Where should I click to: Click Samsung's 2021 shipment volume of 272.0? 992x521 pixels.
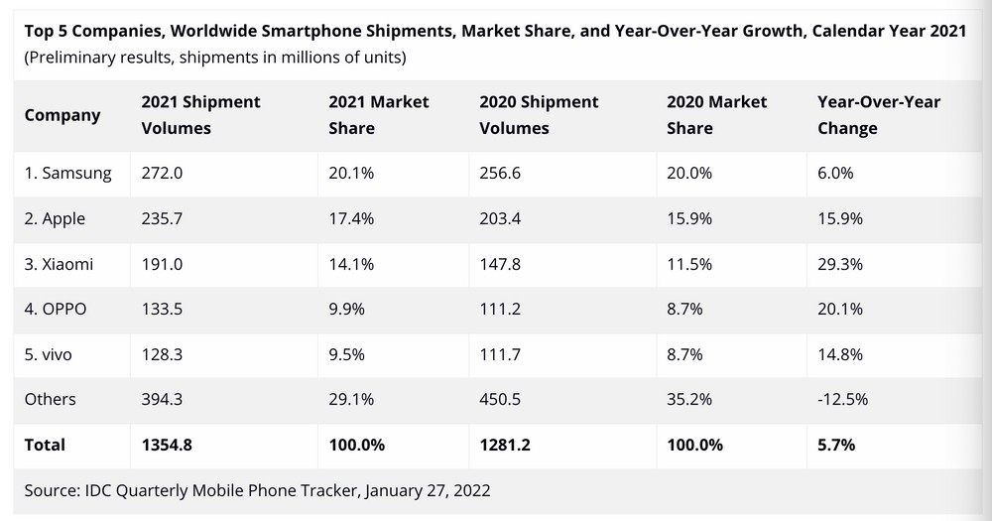pyautogui.click(x=162, y=174)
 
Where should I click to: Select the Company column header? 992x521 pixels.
pyautogui.click(x=62, y=115)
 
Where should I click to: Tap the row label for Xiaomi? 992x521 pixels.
pyautogui.click(x=62, y=264)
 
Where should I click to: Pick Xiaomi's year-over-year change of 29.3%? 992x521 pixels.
pyautogui.click(x=839, y=264)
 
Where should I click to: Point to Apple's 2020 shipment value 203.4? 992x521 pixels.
pyautogui.click(x=501, y=219)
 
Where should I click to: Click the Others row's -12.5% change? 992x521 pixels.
pyautogui.click(x=842, y=399)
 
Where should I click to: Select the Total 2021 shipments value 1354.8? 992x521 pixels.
pyautogui.click(x=167, y=445)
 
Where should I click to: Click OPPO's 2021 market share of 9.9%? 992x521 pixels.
pyautogui.click(x=347, y=309)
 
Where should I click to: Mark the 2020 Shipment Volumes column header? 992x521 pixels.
pyautogui.click(x=539, y=115)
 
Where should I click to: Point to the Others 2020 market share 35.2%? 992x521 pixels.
pyautogui.click(x=688, y=399)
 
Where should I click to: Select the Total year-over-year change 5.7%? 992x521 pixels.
pyautogui.click(x=836, y=445)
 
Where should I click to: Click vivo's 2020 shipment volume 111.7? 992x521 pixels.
pyautogui.click(x=500, y=354)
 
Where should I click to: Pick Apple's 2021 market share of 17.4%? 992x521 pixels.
pyautogui.click(x=351, y=219)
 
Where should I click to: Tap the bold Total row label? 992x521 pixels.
pyautogui.click(x=45, y=445)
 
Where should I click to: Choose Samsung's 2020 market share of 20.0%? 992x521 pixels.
pyautogui.click(x=688, y=174)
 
